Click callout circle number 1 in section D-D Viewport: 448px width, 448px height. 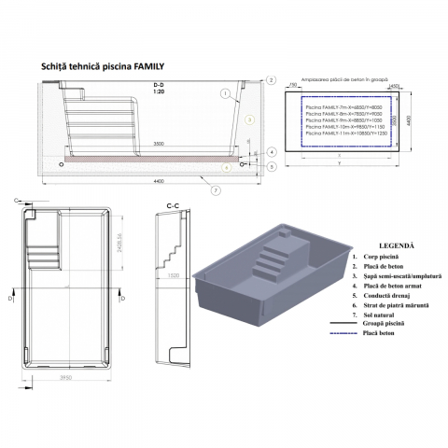(x=225, y=94)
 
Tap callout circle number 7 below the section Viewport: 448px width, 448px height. (x=216, y=190)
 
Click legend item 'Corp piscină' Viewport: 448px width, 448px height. (x=390, y=255)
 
